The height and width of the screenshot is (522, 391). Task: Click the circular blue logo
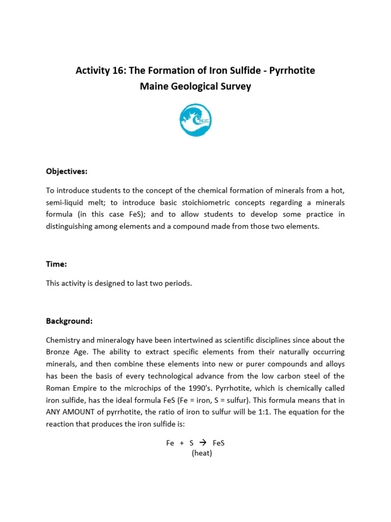(x=195, y=120)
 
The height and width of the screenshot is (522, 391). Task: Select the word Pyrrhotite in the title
(x=291, y=70)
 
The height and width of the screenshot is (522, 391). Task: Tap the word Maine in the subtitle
(x=154, y=87)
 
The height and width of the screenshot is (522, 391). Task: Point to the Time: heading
(x=57, y=264)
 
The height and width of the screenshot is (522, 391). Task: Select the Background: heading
(x=69, y=321)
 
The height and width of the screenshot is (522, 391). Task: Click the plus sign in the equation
(x=182, y=443)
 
